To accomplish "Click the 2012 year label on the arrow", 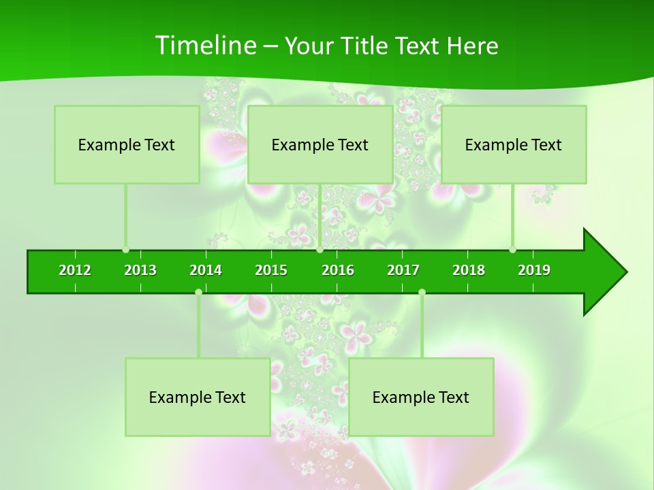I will click(75, 270).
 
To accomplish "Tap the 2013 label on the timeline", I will click(140, 270).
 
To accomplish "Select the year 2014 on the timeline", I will click(206, 270).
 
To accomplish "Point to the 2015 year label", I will click(271, 270).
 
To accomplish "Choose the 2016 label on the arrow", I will click(338, 270).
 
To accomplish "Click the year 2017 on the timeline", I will click(403, 270).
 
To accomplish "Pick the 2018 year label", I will click(469, 270).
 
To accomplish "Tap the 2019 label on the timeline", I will click(534, 270).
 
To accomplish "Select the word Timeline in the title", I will click(204, 46).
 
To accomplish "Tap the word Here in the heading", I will click(472, 46).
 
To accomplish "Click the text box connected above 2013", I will click(127, 144).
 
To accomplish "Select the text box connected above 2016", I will click(320, 144).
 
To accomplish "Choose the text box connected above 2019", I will click(514, 144).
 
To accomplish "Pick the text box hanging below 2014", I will click(198, 397).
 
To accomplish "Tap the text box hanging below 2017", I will click(421, 397).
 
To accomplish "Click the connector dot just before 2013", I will click(125, 250).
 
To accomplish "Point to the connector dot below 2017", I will click(422, 293).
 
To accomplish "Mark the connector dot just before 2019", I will click(512, 250).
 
